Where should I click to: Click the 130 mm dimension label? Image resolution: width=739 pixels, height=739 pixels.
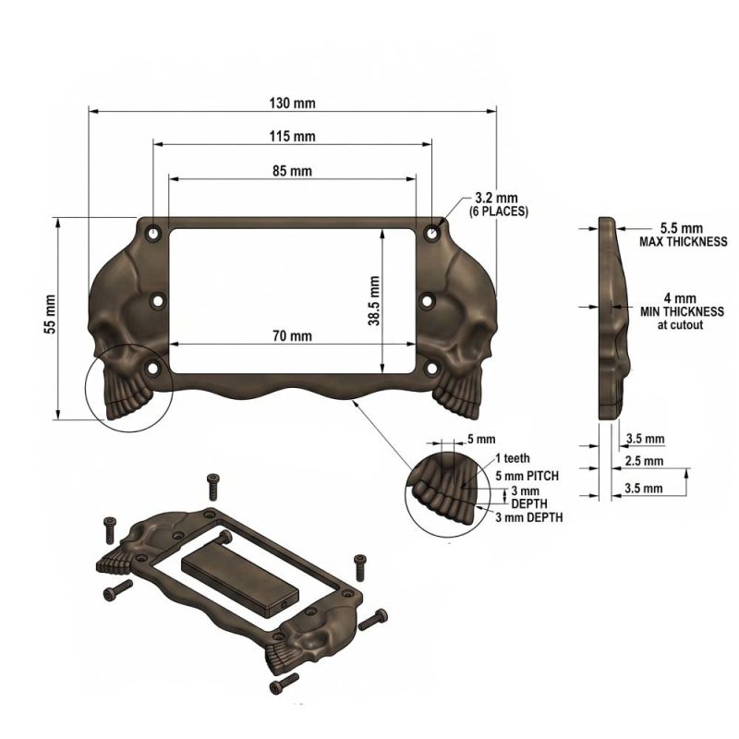pos(292,103)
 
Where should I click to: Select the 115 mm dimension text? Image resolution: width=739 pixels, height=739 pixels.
pos(292,136)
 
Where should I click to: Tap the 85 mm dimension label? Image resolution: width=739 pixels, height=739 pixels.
pos(292,171)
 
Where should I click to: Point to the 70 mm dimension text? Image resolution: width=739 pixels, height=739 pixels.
pos(292,336)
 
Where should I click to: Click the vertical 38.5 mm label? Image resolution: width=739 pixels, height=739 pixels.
pos(374,301)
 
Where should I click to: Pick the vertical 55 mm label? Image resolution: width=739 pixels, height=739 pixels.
pos(50,314)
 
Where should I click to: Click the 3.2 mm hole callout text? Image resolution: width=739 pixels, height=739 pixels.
pos(496,198)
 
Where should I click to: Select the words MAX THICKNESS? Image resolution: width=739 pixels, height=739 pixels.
pos(683,242)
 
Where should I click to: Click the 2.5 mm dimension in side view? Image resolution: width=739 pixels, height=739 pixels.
pos(644,461)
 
